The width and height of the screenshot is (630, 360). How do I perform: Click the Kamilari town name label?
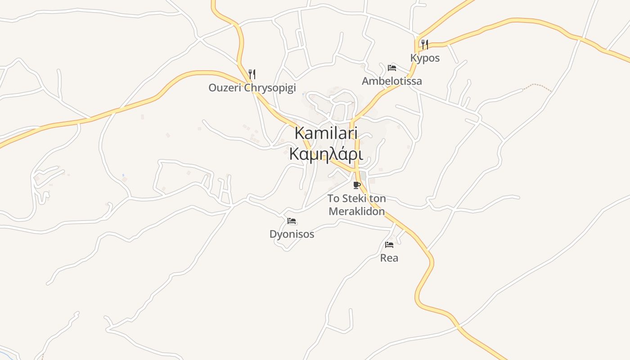click(x=326, y=133)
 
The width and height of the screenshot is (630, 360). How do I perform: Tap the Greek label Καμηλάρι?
click(x=326, y=154)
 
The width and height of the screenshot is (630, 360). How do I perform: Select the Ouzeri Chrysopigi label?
click(x=252, y=88)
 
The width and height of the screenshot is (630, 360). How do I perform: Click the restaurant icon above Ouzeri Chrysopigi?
click(x=252, y=74)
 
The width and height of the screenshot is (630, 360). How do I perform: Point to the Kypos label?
click(x=425, y=58)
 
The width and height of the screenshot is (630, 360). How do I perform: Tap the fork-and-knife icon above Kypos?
click(x=424, y=44)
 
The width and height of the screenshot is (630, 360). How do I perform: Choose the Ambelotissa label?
click(x=392, y=81)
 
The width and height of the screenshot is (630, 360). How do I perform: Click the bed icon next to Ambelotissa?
click(x=392, y=68)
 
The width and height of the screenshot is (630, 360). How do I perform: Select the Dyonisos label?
click(x=292, y=234)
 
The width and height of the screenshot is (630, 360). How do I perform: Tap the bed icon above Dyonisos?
click(x=292, y=221)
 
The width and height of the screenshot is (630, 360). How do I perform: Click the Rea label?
click(x=389, y=258)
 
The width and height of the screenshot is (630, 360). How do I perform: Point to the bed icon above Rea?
click(x=389, y=245)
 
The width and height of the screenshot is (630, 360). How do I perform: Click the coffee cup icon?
click(x=357, y=185)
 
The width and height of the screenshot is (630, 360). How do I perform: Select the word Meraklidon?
click(x=357, y=211)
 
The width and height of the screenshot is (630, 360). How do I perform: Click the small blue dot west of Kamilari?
click(x=123, y=175)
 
